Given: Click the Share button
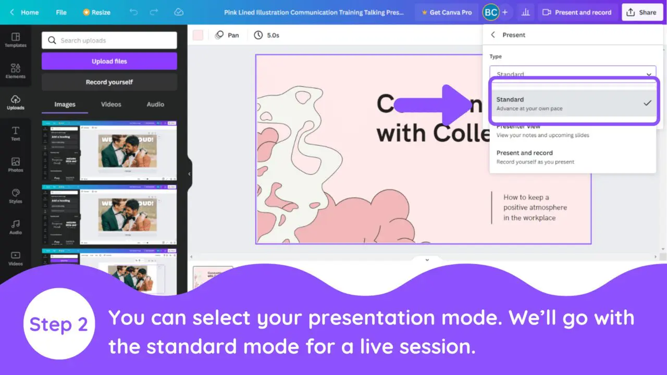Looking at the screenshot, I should coord(641,12).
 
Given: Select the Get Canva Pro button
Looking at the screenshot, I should coord(447,12).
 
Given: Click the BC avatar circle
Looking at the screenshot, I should coord(490,12).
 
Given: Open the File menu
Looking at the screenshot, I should coord(61,12).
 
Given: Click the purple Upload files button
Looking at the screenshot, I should coord(109,61).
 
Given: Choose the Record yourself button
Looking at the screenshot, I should coord(109,82).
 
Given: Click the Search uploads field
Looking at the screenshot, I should coord(109,40).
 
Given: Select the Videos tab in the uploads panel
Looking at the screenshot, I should coord(111,104).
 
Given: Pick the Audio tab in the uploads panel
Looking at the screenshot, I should coord(155,104).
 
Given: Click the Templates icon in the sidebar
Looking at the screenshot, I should coord(16,40).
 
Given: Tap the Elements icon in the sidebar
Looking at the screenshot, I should coord(16,71).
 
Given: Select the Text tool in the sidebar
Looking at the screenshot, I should coord(16,133).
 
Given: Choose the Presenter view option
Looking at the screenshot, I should coord(542,131).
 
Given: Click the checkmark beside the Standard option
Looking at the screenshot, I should coord(647,103).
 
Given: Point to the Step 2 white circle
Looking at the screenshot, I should coord(59,324).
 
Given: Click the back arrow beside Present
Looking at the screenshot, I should coord(493,35).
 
